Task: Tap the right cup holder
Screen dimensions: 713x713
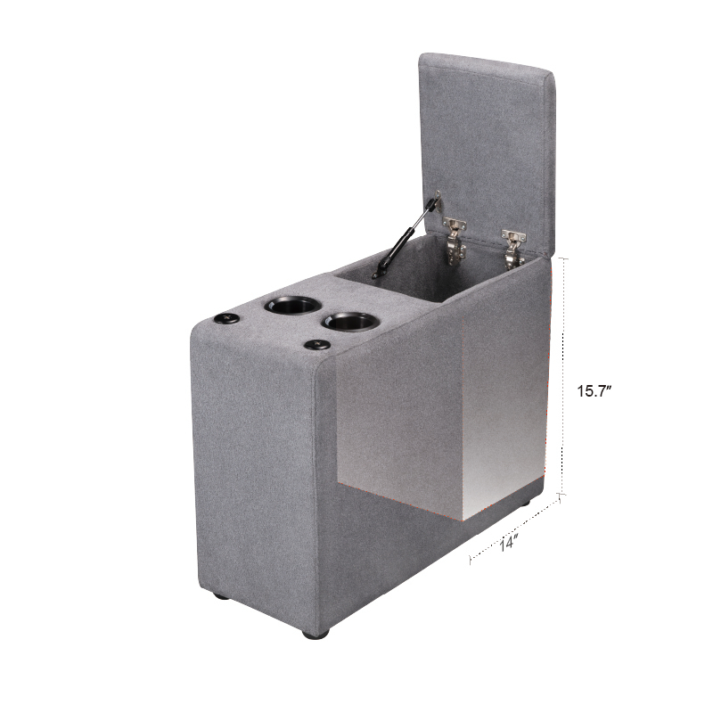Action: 350,322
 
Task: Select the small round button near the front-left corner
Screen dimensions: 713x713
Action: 227,318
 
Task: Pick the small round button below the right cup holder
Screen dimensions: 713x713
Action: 317,345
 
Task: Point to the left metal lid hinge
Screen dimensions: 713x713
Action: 455,241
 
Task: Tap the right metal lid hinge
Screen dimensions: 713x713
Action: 513,250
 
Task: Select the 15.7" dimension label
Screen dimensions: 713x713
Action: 594,391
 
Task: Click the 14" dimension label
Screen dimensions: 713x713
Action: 509,543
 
